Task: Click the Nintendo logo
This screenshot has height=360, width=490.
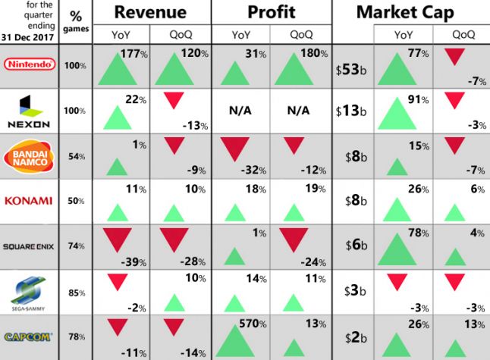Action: coord(31,64)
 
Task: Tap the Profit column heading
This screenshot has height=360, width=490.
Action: coord(271,12)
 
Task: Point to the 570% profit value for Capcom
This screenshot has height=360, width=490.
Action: coord(253,322)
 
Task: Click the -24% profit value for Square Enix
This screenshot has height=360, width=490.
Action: coord(311,261)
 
